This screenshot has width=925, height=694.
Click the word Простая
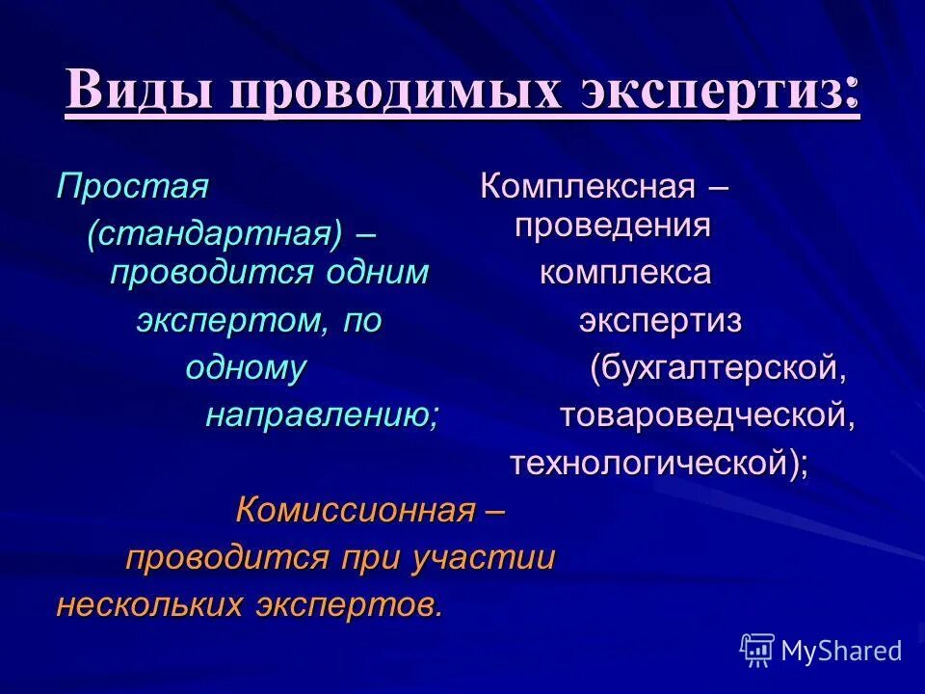point(132,185)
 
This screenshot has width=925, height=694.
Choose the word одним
point(376,273)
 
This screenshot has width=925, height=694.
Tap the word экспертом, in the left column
point(231,321)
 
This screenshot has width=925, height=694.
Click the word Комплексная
point(587,185)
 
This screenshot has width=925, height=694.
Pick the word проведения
point(612,226)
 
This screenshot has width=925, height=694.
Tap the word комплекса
point(624,273)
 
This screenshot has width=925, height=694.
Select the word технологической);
point(659,464)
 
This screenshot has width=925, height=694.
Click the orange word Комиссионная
point(356,511)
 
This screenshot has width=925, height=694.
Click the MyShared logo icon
point(757,650)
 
